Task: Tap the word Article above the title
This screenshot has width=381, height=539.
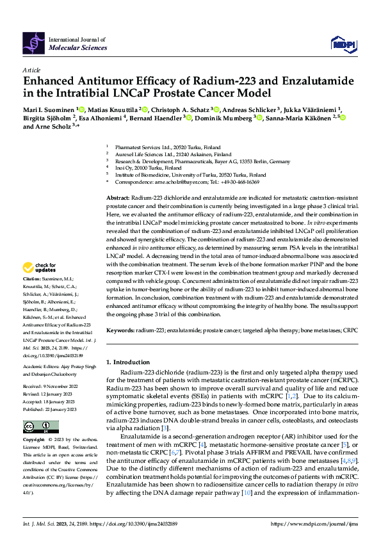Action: [x=31, y=70]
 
